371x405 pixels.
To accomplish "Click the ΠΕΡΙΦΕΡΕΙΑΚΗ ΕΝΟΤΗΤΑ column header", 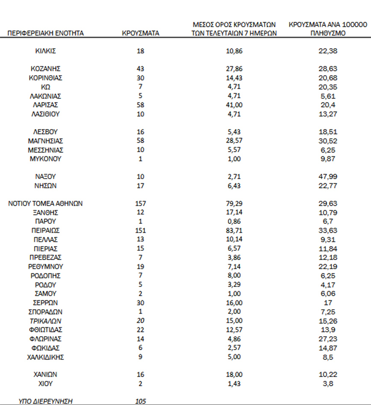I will coord(46,32).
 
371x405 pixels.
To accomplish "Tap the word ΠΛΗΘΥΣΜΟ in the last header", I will coord(328,32).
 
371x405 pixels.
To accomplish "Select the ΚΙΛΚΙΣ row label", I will coord(46,51).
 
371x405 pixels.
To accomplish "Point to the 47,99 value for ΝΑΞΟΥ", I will coord(328,176).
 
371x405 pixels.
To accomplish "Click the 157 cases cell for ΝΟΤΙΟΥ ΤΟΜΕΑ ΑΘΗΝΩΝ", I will coord(140,204).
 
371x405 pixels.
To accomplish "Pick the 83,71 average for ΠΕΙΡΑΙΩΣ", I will coord(234,231).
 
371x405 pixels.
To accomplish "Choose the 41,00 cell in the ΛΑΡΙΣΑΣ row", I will coord(234,105).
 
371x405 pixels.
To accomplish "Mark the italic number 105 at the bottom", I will coord(140,401).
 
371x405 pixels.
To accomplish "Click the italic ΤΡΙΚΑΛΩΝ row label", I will coord(46,321).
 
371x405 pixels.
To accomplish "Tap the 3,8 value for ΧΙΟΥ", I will coord(328,383).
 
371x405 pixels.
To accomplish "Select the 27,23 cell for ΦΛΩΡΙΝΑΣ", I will coord(328,339).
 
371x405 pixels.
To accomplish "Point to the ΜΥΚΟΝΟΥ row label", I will coord(46,159).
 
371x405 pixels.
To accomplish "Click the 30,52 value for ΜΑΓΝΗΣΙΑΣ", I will coord(328,141).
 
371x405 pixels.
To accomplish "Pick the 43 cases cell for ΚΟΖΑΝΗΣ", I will coord(140,69).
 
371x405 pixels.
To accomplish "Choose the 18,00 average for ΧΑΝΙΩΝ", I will coord(234,374).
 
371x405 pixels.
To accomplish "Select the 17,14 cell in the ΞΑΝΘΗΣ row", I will coord(234,212).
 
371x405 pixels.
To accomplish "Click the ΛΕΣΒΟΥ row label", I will coord(46,132).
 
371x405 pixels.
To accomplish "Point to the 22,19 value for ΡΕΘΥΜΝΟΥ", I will coord(328,267).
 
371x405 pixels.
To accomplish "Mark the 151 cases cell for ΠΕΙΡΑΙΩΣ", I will coord(140,231).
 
